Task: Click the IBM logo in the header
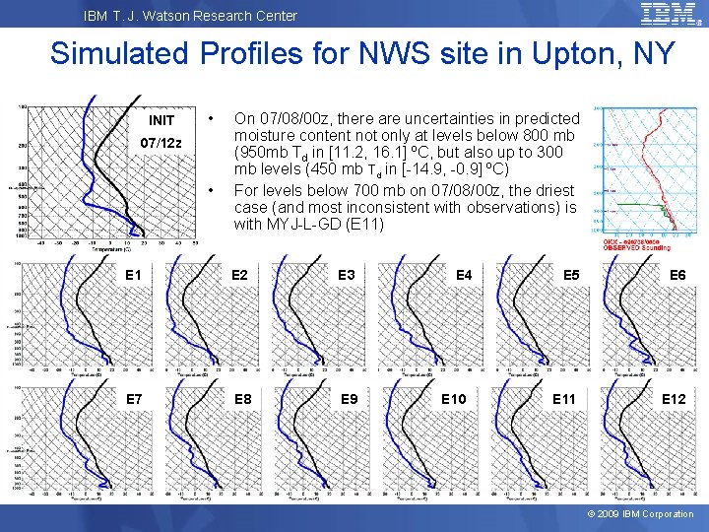[671, 14]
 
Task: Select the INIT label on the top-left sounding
[161, 120]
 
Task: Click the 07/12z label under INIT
[161, 143]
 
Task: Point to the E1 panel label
[133, 276]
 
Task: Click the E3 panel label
[348, 276]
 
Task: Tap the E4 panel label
[465, 276]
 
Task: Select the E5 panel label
[571, 276]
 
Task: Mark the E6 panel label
[678, 276]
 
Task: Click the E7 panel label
[133, 399]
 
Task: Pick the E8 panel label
[241, 399]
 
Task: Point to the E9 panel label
[348, 399]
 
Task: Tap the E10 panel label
[454, 399]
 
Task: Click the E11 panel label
[564, 399]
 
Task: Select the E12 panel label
[674, 399]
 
